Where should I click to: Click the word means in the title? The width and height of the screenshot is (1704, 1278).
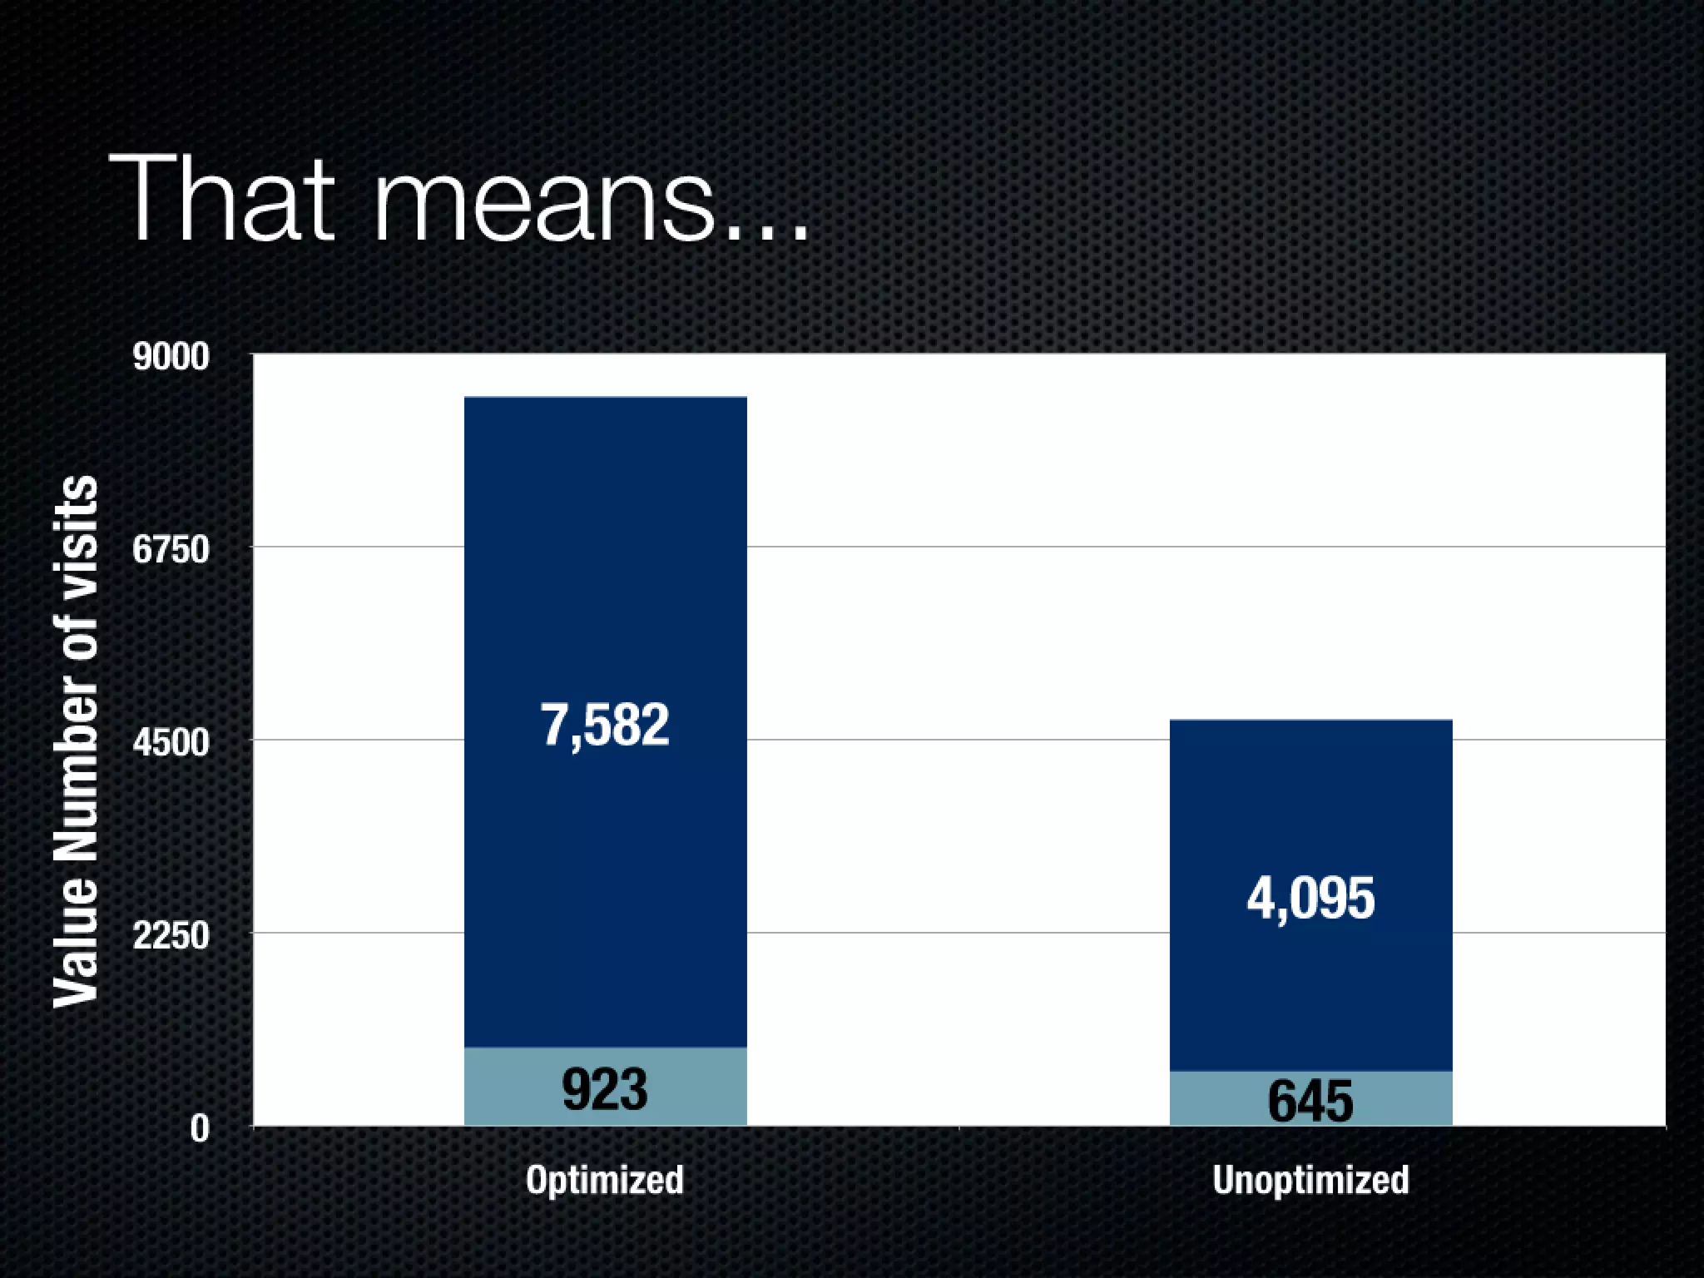pyautogui.click(x=544, y=208)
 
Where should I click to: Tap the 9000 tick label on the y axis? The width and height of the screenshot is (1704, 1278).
pyautogui.click(x=171, y=357)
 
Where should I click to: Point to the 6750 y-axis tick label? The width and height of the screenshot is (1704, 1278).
pyautogui.click(x=171, y=550)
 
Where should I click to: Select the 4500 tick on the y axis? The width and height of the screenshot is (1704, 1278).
pyautogui.click(x=171, y=742)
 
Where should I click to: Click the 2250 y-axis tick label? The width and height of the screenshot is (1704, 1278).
pyautogui.click(x=171, y=936)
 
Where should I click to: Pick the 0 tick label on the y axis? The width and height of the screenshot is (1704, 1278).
pyautogui.click(x=200, y=1129)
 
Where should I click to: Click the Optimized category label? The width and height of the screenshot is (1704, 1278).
pyautogui.click(x=605, y=1180)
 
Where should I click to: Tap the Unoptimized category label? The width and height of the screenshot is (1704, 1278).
pyautogui.click(x=1310, y=1180)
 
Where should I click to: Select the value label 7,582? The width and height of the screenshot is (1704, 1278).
pyautogui.click(x=605, y=725)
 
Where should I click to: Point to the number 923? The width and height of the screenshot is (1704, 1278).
pyautogui.click(x=605, y=1089)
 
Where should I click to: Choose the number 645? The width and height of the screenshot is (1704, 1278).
pyautogui.click(x=1310, y=1101)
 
